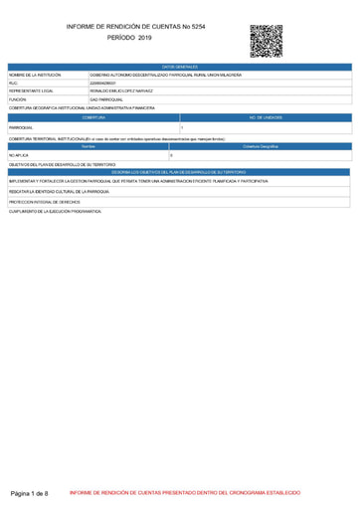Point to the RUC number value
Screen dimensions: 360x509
click(102, 84)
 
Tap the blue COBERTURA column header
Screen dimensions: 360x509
click(93, 118)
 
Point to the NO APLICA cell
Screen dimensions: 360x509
click(19, 156)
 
